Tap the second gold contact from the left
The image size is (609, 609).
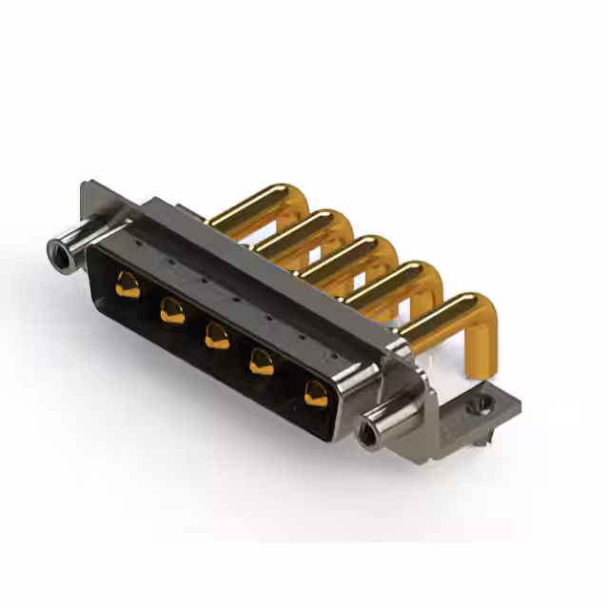click(172, 310)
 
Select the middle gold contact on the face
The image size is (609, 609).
click(217, 336)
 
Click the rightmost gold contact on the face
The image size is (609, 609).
click(315, 392)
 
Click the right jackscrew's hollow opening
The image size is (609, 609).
click(365, 436)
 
